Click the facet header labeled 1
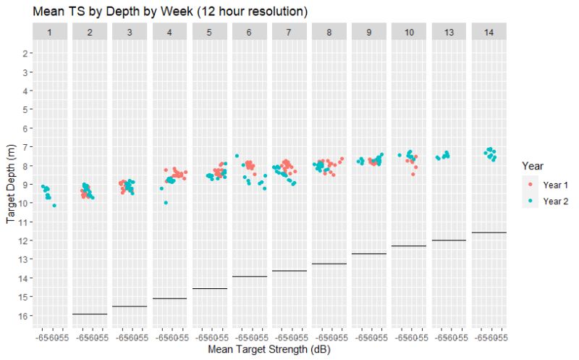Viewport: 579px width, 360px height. pyautogui.click(x=50, y=32)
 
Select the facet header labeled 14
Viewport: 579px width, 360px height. pyautogui.click(x=489, y=32)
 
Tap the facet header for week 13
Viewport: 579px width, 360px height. pyautogui.click(x=449, y=32)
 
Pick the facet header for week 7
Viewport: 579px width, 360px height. pyautogui.click(x=289, y=32)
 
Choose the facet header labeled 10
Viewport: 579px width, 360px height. pyautogui.click(x=410, y=32)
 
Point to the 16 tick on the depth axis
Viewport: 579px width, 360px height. pyautogui.click(x=23, y=316)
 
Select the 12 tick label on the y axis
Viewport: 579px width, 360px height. pyautogui.click(x=23, y=240)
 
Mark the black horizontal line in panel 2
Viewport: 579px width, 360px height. pyautogui.click(x=90, y=314)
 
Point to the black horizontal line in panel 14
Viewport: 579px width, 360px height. pyautogui.click(x=489, y=233)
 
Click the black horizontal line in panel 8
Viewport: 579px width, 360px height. pyautogui.click(x=329, y=264)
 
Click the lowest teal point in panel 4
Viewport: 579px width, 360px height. pyautogui.click(x=166, y=203)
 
